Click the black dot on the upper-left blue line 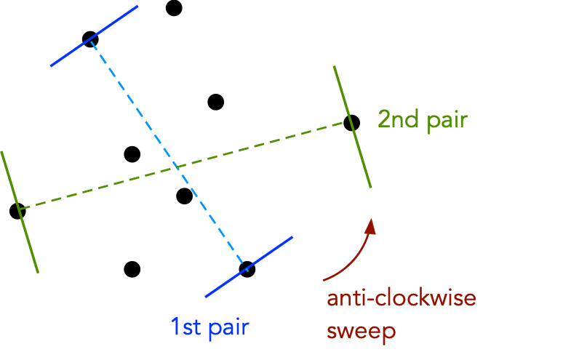click(x=90, y=39)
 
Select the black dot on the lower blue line click(x=247, y=269)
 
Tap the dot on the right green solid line click(x=351, y=122)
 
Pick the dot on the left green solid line click(x=17, y=211)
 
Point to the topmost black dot click(x=174, y=8)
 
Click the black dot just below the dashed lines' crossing click(x=185, y=196)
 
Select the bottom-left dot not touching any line click(x=132, y=269)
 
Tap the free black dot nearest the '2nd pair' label click(x=215, y=102)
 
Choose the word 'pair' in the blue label click(x=228, y=327)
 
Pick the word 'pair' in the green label click(x=446, y=121)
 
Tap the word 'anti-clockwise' click(x=401, y=300)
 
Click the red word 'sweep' click(x=362, y=332)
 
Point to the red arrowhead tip click(x=372, y=220)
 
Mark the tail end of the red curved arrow click(x=324, y=279)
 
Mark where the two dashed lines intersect click(x=175, y=169)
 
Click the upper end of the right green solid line click(x=334, y=66)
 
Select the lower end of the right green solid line click(x=370, y=187)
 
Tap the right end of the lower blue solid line click(x=292, y=237)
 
